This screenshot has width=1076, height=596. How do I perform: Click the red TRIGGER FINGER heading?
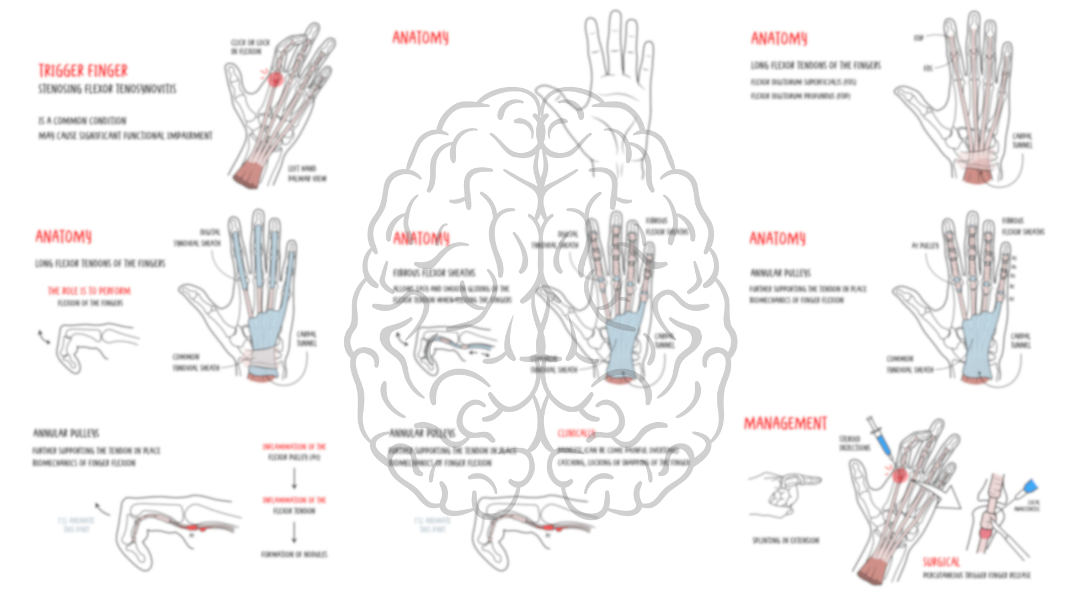83,71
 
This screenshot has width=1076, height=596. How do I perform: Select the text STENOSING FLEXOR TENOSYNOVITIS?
107,89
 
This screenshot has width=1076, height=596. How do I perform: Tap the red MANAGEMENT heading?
785,423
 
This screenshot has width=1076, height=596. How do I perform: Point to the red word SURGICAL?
941,562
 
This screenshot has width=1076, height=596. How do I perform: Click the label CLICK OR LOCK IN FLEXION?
250,47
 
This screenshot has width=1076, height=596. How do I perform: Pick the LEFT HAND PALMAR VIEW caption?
307,173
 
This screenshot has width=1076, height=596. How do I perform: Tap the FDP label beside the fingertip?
919,38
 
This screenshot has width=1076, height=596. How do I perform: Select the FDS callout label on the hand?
928,68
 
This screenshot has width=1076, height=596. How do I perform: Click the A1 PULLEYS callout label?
925,245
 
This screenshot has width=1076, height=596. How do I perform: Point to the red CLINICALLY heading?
576,433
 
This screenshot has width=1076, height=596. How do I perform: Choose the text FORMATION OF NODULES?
294,554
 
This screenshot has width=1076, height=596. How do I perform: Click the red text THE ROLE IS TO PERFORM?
89,291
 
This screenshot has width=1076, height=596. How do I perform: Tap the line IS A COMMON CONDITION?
82,120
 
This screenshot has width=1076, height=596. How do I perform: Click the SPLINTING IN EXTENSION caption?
786,540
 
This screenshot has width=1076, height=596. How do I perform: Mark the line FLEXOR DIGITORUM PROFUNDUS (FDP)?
800,96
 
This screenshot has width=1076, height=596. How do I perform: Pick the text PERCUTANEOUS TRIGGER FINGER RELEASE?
976,576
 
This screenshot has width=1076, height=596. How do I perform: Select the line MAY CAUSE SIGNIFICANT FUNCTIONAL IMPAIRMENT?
125,136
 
